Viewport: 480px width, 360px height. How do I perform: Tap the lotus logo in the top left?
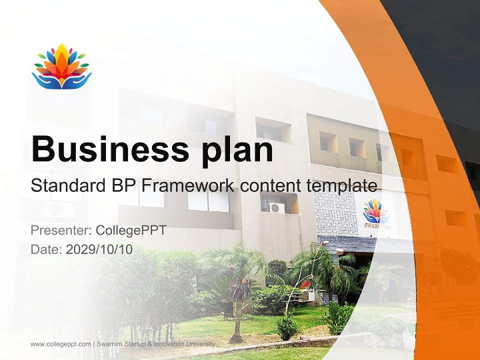(61, 66)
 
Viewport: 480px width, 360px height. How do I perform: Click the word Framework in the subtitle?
(187, 186)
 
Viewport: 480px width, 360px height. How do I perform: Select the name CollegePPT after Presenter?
(131, 230)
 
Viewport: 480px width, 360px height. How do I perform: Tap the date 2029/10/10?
(99, 249)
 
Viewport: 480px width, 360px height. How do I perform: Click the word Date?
(46, 249)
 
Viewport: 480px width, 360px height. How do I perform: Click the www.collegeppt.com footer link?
(60, 344)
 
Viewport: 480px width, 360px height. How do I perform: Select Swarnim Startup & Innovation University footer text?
(155, 344)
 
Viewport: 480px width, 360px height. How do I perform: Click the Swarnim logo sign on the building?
(374, 214)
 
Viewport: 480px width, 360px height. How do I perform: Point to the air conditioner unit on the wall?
(275, 207)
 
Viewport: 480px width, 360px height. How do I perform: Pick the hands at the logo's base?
(61, 81)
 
